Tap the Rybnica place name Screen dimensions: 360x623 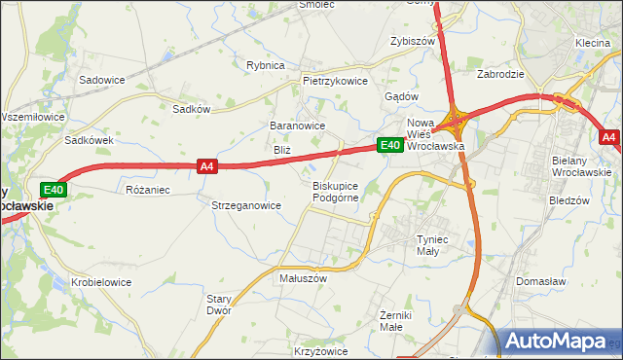[265, 65]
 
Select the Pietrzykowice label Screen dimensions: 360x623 [335, 81]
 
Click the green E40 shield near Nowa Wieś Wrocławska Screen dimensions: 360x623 [390, 145]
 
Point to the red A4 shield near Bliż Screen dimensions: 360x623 [206, 166]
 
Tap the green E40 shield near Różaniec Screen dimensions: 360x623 [53, 189]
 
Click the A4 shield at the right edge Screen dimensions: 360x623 [609, 137]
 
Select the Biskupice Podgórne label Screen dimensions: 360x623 [336, 191]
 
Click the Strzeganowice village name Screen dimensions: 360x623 [246, 205]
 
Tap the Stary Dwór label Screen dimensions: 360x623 [218, 305]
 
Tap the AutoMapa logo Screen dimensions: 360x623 [558, 342]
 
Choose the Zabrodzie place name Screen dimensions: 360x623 [501, 73]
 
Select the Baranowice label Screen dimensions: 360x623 [297, 126]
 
